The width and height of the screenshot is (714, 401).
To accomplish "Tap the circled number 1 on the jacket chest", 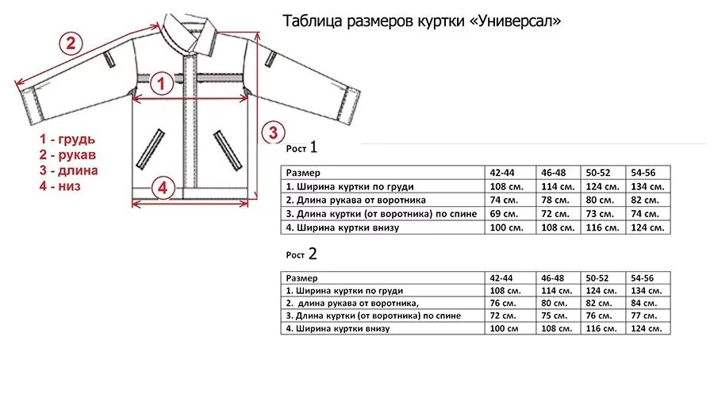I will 162,82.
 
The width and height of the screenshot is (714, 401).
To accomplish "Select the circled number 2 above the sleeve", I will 71,43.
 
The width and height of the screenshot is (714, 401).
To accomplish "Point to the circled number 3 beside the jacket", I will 272,132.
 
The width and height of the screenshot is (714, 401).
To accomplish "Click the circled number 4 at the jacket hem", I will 162,188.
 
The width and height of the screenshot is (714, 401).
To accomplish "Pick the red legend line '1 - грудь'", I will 68,139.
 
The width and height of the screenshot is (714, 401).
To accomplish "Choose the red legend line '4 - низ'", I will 61,186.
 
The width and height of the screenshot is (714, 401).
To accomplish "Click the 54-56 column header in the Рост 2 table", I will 642,278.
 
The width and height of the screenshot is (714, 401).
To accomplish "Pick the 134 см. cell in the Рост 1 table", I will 646,186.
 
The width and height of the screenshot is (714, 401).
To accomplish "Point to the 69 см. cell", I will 504,214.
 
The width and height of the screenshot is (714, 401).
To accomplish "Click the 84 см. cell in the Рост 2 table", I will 643,303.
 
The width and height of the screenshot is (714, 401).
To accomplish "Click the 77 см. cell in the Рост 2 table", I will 643,315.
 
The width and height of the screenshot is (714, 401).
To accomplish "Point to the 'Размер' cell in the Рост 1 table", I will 303,172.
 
